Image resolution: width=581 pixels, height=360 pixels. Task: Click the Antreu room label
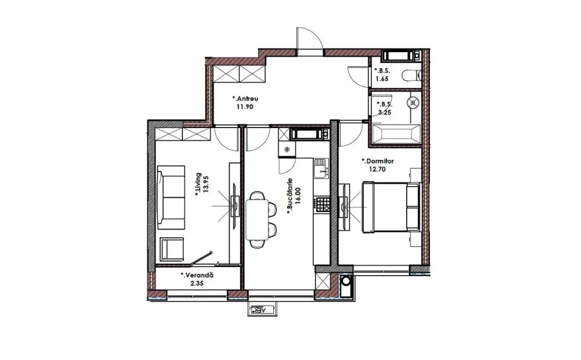point(245,98)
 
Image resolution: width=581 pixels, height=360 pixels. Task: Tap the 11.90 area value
point(245,107)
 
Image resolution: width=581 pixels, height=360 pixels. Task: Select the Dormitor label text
point(378,161)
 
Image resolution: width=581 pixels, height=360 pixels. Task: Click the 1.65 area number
point(382,79)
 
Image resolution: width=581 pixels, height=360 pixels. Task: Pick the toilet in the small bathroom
point(412,76)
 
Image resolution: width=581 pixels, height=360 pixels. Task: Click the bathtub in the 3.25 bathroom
point(396,134)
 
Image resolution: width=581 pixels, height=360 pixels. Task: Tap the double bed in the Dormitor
point(391,207)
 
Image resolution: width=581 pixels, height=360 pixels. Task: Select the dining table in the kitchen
point(257,219)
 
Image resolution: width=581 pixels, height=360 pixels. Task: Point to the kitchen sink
point(321,168)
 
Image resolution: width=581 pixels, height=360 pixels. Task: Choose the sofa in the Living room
point(171,197)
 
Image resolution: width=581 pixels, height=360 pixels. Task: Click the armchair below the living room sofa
point(172,249)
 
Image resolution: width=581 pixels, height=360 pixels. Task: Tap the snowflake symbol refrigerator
point(286,150)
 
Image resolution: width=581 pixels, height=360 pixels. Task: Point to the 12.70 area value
point(377,170)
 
